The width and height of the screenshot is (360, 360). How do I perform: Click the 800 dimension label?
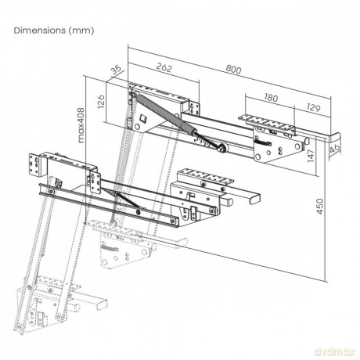pyautogui.click(x=233, y=70)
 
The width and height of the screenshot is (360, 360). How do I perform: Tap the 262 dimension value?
pyautogui.click(x=164, y=67)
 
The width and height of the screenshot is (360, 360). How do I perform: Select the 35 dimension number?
pyautogui.click(x=116, y=70)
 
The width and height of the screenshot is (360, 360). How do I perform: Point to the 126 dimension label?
pyautogui.click(x=101, y=102)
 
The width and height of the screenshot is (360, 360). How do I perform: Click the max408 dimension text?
pyautogui.click(x=81, y=125)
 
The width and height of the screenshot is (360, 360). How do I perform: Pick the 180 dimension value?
pyautogui.click(x=271, y=98)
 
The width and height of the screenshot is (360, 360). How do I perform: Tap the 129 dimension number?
pyautogui.click(x=313, y=107)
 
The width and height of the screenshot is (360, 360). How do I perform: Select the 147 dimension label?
pyautogui.click(x=311, y=156)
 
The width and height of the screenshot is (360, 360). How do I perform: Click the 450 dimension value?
pyautogui.click(x=320, y=207)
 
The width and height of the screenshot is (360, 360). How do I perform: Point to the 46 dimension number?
pyautogui.click(x=335, y=148)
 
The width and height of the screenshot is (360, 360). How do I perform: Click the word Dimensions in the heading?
pyautogui.click(x=40, y=31)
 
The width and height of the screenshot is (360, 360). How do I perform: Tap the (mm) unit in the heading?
pyautogui.click(x=81, y=31)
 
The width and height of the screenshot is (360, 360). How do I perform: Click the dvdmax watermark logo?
pyautogui.click(x=335, y=351)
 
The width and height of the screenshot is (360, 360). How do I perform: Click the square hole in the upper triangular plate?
pyautogui.click(x=142, y=118)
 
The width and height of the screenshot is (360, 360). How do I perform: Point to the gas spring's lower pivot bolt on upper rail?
pyautogui.click(x=222, y=148)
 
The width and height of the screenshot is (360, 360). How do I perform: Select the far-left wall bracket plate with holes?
pyautogui.click(x=34, y=164)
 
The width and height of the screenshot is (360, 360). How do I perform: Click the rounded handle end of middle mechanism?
pyautogui.click(x=255, y=197)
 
